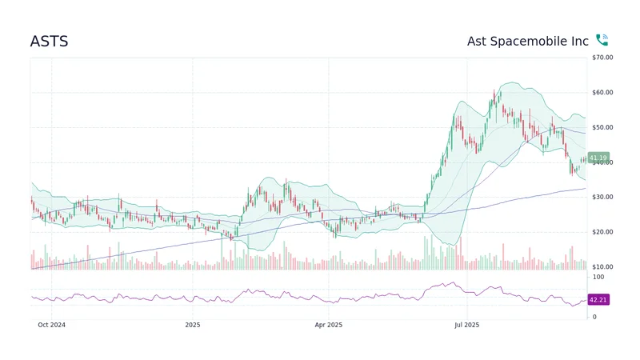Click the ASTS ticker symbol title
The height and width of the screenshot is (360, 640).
point(49,41)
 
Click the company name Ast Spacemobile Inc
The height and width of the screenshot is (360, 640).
point(527,41)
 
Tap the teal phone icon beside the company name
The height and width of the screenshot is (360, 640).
point(602,40)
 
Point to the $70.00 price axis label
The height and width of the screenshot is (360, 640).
point(602,58)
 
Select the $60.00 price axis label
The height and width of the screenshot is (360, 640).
point(602,93)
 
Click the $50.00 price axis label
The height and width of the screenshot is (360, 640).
point(602,127)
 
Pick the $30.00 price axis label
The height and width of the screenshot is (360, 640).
point(602,197)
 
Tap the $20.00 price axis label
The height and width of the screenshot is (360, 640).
point(602,232)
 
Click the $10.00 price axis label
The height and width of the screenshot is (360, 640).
point(602,266)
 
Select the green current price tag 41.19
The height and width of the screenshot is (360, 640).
point(598,158)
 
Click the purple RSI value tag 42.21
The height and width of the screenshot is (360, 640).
point(598,300)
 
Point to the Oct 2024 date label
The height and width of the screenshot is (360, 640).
point(51,325)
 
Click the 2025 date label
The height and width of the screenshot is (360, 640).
point(192,325)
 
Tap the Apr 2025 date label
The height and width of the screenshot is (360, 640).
point(329,325)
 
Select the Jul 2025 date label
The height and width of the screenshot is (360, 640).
point(466,325)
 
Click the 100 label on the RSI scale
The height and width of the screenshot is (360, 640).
point(598,276)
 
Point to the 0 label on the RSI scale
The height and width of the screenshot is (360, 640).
point(593,317)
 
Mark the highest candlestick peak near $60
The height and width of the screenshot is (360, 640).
point(498,93)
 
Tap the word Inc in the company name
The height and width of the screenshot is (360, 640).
point(580,41)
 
